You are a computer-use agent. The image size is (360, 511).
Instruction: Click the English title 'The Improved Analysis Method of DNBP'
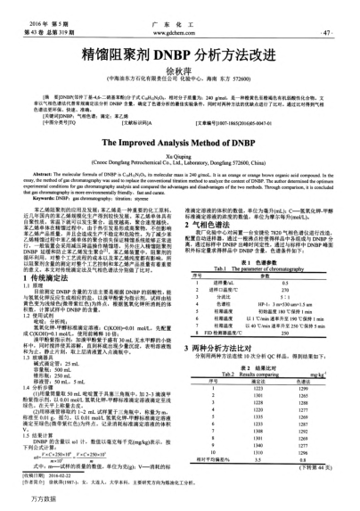pyautogui.click(x=179, y=141)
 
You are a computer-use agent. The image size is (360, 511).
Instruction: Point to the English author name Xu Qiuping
pyautogui.click(x=179, y=154)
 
